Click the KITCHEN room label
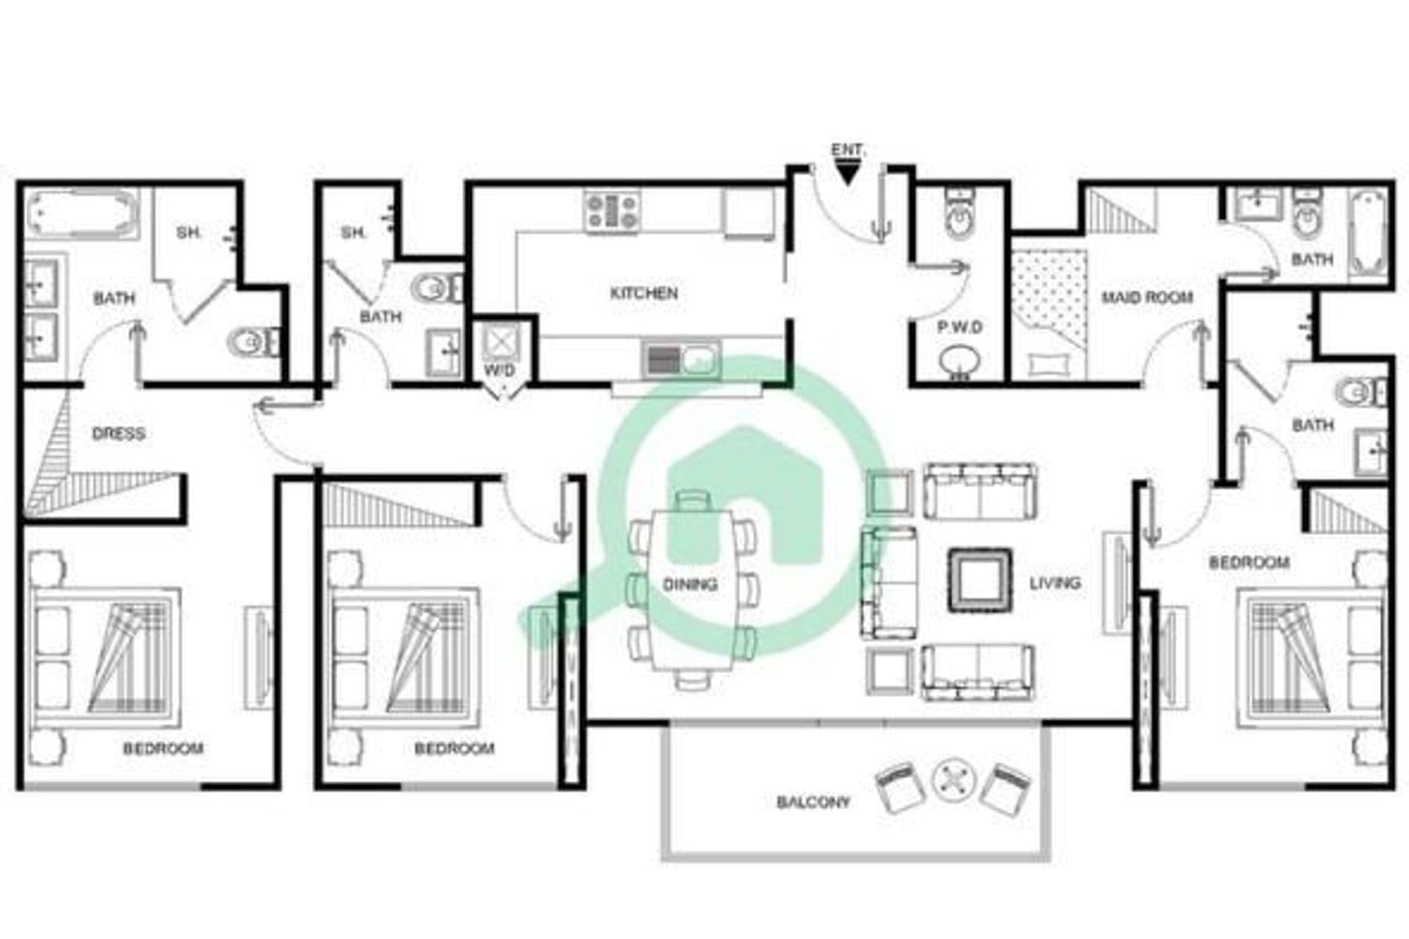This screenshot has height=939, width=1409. [643, 293]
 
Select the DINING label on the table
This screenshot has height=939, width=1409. [690, 585]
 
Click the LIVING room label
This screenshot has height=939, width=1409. [1054, 583]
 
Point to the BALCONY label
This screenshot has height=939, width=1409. [813, 802]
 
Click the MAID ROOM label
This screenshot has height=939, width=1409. [1147, 297]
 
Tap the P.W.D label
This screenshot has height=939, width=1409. [960, 327]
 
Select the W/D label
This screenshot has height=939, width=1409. [499, 370]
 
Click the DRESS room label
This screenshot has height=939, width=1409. [118, 434]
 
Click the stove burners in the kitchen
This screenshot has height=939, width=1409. [612, 210]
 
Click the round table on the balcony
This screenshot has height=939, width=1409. [953, 780]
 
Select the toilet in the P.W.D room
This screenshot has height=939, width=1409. [958, 214]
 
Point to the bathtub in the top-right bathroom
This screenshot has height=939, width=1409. [1368, 234]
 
